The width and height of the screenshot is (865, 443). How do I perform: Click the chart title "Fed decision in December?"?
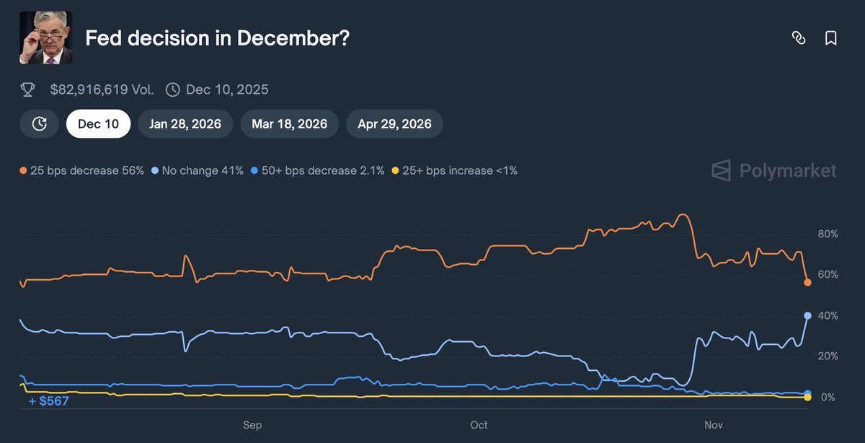pyautogui.click(x=217, y=38)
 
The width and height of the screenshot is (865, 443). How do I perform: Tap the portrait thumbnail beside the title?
pyautogui.click(x=45, y=38)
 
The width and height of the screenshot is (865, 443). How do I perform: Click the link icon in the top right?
pyautogui.click(x=799, y=38)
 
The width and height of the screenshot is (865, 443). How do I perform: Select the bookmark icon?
pyautogui.click(x=830, y=38)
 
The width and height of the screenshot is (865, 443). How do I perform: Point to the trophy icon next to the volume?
pyautogui.click(x=28, y=89)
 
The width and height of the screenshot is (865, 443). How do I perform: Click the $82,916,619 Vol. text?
pyautogui.click(x=102, y=89)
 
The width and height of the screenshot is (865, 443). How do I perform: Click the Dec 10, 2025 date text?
pyautogui.click(x=227, y=89)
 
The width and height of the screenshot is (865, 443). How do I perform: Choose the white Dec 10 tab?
pyautogui.click(x=98, y=124)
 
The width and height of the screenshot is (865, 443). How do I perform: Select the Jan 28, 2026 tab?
pyautogui.click(x=185, y=124)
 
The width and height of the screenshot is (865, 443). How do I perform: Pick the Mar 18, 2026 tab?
pyautogui.click(x=290, y=124)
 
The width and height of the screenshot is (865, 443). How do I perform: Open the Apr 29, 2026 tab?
pyautogui.click(x=394, y=124)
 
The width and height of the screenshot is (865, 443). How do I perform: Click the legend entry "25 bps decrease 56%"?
pyautogui.click(x=82, y=171)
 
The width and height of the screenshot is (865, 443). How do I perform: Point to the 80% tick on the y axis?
pyautogui.click(x=828, y=234)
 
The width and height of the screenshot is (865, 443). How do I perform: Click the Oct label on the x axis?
pyautogui.click(x=479, y=425)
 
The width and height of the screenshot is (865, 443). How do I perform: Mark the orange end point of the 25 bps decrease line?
pyautogui.click(x=807, y=283)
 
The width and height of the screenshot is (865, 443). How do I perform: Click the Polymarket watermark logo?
pyautogui.click(x=774, y=171)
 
